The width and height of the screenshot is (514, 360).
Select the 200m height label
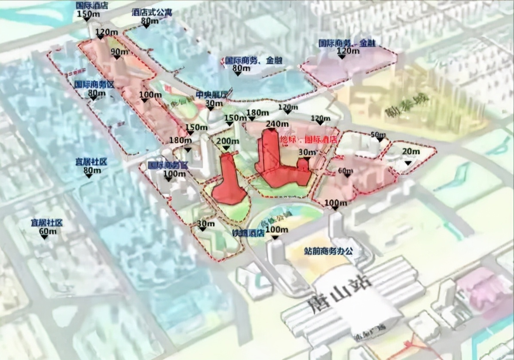(x=228, y=142)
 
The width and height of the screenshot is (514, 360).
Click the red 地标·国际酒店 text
(x=308, y=140)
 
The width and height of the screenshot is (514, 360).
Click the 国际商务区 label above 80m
(x=93, y=85)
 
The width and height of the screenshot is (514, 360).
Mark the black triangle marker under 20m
(x=409, y=159)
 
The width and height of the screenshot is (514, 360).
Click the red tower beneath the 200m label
(x=228, y=183)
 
